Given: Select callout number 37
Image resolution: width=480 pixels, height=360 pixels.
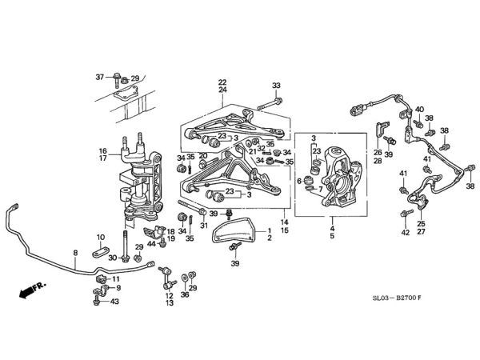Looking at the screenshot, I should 100,77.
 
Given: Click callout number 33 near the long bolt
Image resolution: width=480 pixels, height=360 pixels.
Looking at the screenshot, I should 277,86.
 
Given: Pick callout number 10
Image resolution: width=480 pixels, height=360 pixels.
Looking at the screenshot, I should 100,238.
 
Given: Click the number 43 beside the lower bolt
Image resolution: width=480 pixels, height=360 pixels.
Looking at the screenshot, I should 115,302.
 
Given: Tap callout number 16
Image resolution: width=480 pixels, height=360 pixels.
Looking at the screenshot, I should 102,150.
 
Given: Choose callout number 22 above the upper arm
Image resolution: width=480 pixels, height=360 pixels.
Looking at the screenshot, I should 222,82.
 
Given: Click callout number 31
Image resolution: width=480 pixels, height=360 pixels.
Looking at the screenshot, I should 203,225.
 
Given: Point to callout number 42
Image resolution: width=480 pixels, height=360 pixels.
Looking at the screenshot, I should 405,233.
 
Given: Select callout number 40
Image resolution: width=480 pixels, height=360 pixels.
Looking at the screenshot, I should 419,110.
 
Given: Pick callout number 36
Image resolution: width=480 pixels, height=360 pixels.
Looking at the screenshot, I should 185,295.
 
